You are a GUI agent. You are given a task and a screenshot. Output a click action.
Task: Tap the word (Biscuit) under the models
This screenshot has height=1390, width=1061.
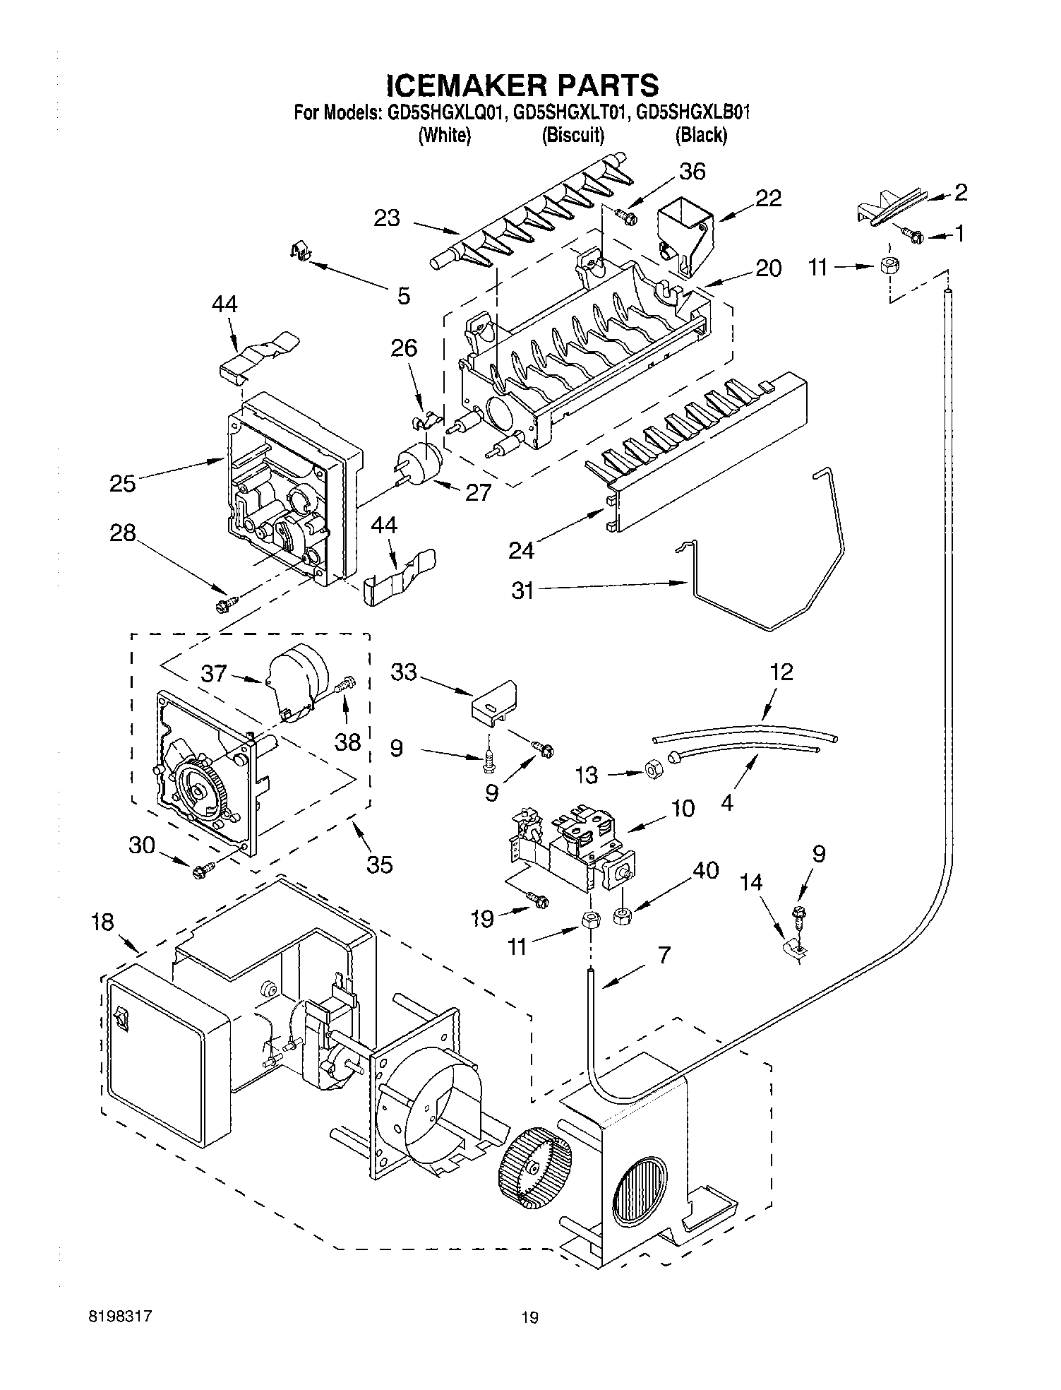click(x=573, y=135)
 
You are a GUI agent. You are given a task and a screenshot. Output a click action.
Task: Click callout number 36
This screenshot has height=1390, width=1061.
click(x=692, y=172)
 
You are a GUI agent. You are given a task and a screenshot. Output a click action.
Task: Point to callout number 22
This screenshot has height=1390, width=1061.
click(x=767, y=198)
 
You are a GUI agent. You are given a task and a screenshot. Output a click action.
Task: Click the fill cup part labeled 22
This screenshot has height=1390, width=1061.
click(x=684, y=226)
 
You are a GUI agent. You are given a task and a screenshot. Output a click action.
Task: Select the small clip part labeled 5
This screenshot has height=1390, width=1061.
click(x=301, y=251)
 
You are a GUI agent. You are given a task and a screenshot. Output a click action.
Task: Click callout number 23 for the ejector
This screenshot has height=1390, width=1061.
click(x=388, y=218)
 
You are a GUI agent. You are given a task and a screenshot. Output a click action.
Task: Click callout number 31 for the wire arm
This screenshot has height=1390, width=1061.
click(x=522, y=590)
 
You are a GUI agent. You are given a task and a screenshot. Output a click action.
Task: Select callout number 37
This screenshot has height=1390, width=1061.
click(x=213, y=673)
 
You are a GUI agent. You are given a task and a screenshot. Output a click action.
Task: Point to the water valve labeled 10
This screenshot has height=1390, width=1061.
click(x=572, y=844)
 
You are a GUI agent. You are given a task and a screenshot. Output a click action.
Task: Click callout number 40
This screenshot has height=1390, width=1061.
click(x=705, y=870)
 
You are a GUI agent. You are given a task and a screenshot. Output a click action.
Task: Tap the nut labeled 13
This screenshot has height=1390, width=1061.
click(x=653, y=769)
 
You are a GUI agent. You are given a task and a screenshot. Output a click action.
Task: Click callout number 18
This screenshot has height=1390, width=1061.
click(x=103, y=922)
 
